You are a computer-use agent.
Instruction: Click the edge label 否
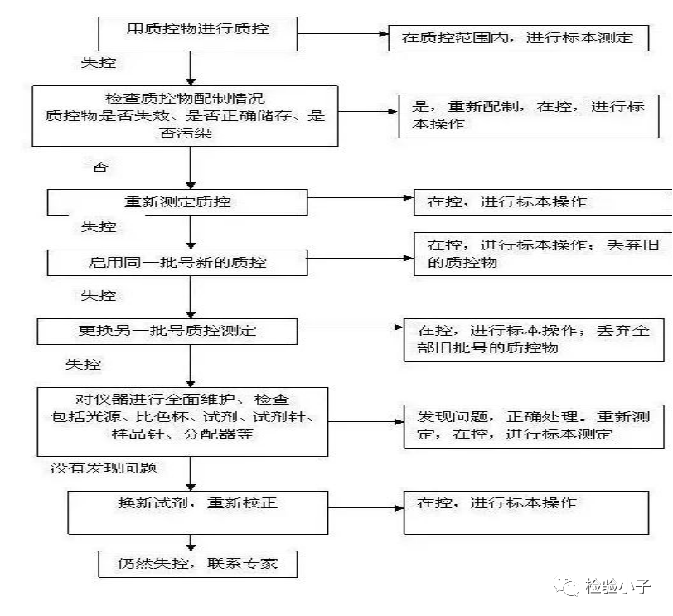[99, 167]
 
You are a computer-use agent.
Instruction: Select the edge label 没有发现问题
[104, 468]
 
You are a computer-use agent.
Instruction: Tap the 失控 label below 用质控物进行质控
[99, 63]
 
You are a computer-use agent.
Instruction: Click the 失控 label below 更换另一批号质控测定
[83, 365]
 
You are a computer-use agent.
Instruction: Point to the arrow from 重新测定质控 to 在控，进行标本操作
[361, 198]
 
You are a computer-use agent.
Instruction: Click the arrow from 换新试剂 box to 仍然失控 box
[191, 543]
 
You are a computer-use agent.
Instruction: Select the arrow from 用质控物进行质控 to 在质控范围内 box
[343, 34]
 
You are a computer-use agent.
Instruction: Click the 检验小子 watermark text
[617, 586]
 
